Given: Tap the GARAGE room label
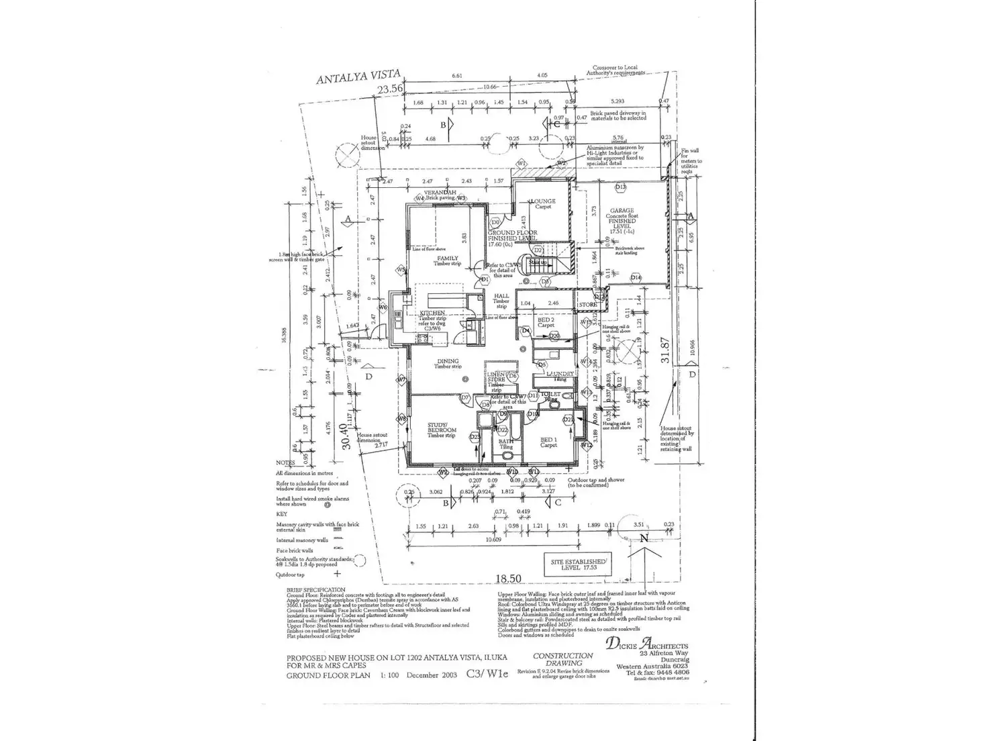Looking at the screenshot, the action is tap(622, 211).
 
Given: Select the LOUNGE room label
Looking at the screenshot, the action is tap(543, 201).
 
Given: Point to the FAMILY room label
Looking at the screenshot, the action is tap(448, 258).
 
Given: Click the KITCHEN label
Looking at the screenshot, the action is tap(433, 313).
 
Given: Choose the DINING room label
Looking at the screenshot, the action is tap(447, 361).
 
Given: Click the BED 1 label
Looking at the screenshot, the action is tap(548, 440).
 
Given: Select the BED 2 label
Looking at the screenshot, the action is tap(545, 320).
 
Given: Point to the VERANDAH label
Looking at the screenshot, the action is tap(440, 193).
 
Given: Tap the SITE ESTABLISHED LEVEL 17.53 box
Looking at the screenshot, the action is tap(577, 564).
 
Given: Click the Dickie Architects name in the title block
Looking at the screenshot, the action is tap(647, 644).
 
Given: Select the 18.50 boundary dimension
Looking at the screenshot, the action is tap(509, 578).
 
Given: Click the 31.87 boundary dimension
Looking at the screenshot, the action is tap(666, 350).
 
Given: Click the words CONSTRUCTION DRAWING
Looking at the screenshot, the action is tap(562, 659).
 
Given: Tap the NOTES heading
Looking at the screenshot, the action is tap(285, 463).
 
